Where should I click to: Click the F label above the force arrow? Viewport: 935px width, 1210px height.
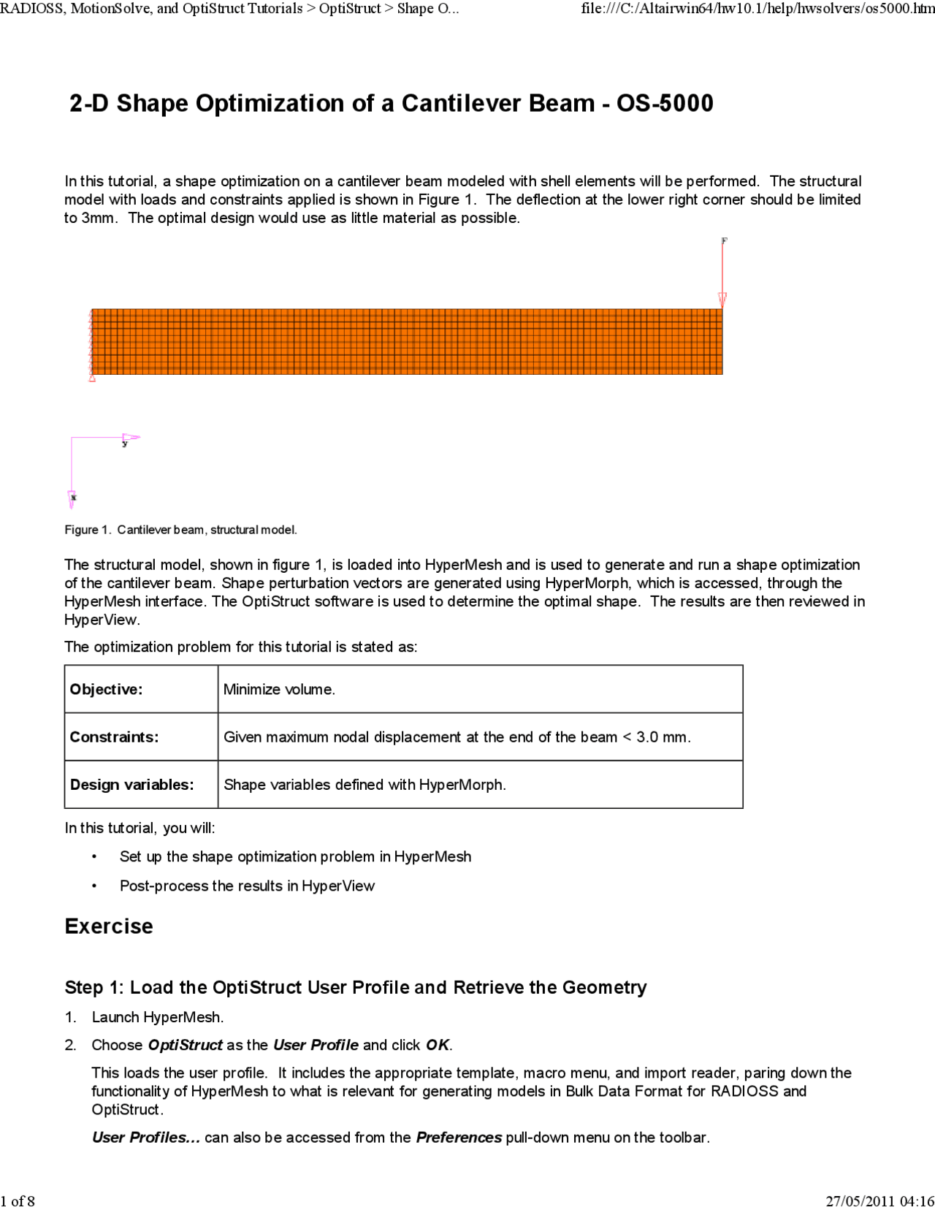tap(724, 240)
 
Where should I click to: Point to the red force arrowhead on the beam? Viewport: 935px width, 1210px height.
tap(722, 299)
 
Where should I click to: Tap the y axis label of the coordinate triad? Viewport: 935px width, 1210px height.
tap(125, 444)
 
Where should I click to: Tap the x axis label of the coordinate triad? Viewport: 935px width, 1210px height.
tap(74, 498)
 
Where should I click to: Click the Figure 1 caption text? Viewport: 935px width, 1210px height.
tap(180, 530)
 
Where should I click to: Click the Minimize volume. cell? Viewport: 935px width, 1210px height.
tap(279, 689)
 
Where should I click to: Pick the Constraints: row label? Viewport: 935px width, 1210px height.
tap(114, 737)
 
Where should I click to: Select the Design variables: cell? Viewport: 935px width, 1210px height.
tap(131, 784)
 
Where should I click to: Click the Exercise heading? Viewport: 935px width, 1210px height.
tap(109, 926)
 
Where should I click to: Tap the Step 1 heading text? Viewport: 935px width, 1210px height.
tap(355, 987)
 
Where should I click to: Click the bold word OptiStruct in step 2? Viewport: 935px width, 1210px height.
tap(185, 1045)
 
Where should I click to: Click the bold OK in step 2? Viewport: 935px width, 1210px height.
tap(438, 1045)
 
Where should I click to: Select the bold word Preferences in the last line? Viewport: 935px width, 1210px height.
tap(459, 1138)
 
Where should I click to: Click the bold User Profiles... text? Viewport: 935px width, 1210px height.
tap(145, 1138)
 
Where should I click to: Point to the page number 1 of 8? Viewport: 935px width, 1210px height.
tap(18, 1201)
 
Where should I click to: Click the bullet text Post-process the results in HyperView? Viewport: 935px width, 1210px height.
tap(247, 886)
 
